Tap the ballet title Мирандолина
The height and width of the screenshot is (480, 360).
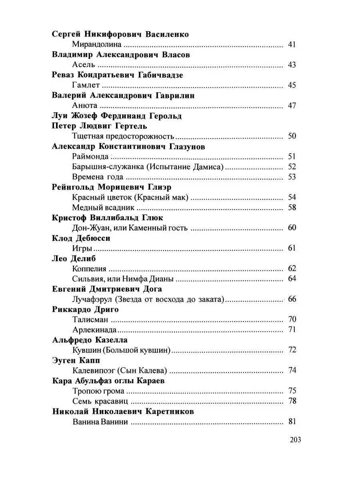click(x=97, y=44)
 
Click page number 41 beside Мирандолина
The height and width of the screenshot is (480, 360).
click(x=292, y=44)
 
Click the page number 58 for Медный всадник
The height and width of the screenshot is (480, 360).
click(x=292, y=208)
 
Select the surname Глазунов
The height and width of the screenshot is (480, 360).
click(x=186, y=146)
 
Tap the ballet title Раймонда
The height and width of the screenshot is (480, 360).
click(x=90, y=156)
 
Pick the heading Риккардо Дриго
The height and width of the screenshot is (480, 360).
click(x=86, y=310)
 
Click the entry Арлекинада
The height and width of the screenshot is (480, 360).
click(x=94, y=330)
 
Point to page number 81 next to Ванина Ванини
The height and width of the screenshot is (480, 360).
click(x=292, y=422)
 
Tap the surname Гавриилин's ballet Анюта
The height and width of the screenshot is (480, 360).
click(x=85, y=106)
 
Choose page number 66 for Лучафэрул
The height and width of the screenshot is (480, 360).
click(x=292, y=299)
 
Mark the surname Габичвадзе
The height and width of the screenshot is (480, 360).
click(x=160, y=75)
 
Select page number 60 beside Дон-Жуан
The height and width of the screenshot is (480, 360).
click(x=292, y=228)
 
